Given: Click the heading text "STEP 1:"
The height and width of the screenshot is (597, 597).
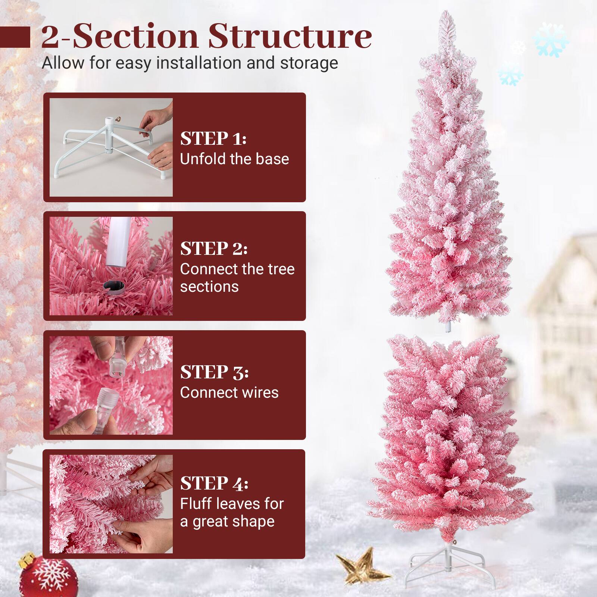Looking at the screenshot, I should [213, 138].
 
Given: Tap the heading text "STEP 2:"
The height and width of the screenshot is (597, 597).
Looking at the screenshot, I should [213, 249].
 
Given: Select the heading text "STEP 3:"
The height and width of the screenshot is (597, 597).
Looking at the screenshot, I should [214, 372].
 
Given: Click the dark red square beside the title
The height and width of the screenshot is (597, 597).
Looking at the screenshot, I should [15, 37].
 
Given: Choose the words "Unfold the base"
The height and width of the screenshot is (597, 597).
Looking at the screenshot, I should [234, 159].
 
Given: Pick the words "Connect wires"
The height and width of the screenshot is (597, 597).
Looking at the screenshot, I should [229, 393].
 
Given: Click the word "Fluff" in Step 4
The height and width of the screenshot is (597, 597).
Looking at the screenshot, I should [196, 504].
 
